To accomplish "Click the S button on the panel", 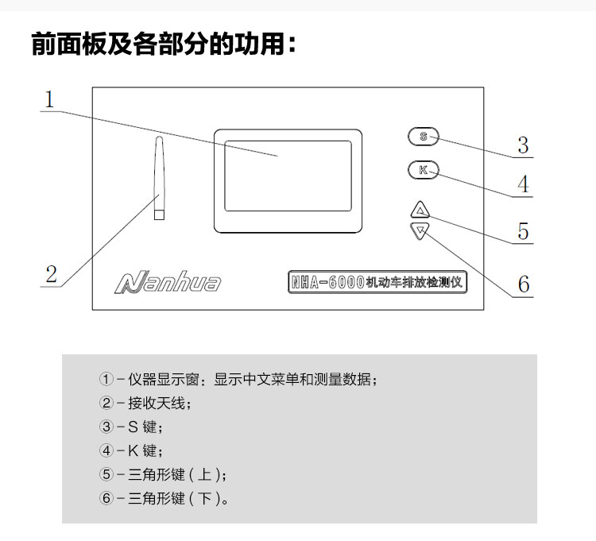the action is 423,137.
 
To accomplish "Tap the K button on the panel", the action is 423,170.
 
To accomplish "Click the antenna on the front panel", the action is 158,179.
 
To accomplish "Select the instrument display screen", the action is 287,176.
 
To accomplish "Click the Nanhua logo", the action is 168,282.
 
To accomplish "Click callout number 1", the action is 49,101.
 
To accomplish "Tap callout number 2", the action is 51,274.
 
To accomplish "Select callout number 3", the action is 522,145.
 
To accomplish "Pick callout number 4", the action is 522,185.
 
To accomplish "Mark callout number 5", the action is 522,231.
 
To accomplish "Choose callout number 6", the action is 522,284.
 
